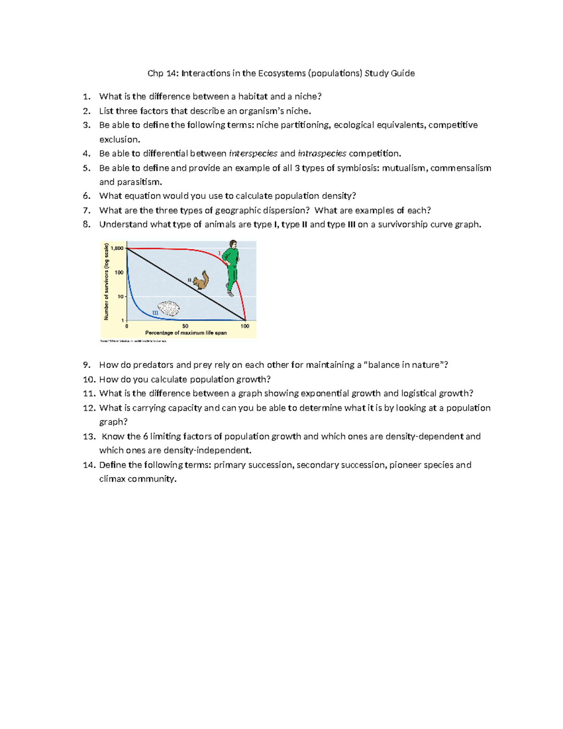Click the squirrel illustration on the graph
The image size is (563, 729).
pyautogui.click(x=201, y=280)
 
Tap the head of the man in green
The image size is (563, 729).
pyautogui.click(x=232, y=244)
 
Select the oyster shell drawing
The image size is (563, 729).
pyautogui.click(x=168, y=308)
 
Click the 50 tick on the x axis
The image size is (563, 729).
pyautogui.click(x=185, y=326)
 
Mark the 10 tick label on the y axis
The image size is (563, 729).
pyautogui.click(x=120, y=297)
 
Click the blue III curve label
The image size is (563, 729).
pyautogui.click(x=155, y=313)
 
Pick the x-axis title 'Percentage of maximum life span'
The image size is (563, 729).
pyautogui.click(x=186, y=333)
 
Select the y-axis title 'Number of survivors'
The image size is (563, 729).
pyautogui.click(x=107, y=282)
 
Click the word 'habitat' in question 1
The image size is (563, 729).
pyautogui.click(x=253, y=97)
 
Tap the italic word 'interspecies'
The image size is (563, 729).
pyautogui.click(x=253, y=153)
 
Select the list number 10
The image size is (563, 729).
pyautogui.click(x=89, y=379)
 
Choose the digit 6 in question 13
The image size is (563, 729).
pyautogui.click(x=145, y=437)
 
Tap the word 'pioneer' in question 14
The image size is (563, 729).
pyautogui.click(x=405, y=465)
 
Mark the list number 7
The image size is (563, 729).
pyautogui.click(x=86, y=210)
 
